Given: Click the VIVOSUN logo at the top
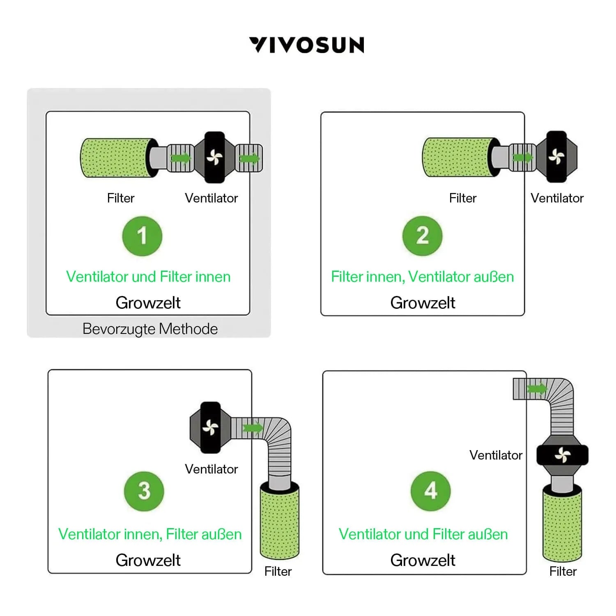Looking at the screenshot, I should (x=306, y=45).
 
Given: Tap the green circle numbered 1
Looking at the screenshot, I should (x=142, y=236).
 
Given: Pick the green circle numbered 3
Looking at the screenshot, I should (x=144, y=491).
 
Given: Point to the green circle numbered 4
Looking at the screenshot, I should (x=430, y=491).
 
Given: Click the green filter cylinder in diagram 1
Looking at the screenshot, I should (x=115, y=158).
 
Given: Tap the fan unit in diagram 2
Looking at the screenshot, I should (x=557, y=156).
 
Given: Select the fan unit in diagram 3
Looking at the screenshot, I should (x=210, y=428).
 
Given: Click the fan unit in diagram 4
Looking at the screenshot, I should (x=562, y=455).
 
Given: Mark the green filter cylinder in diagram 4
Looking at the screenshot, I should (x=562, y=524).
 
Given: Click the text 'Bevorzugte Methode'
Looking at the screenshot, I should (x=150, y=329).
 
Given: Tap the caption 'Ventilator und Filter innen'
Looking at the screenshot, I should (x=148, y=277).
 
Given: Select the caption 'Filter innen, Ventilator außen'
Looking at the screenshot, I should (x=423, y=277).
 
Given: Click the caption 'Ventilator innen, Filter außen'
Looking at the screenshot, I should (x=150, y=534).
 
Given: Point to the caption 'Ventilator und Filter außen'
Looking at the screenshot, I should (x=423, y=534).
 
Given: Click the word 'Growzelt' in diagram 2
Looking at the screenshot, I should (x=423, y=303).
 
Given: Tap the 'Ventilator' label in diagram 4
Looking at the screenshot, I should (x=496, y=455).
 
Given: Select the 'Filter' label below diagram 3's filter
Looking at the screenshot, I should (x=278, y=571).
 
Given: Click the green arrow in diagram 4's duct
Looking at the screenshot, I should (x=537, y=388).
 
